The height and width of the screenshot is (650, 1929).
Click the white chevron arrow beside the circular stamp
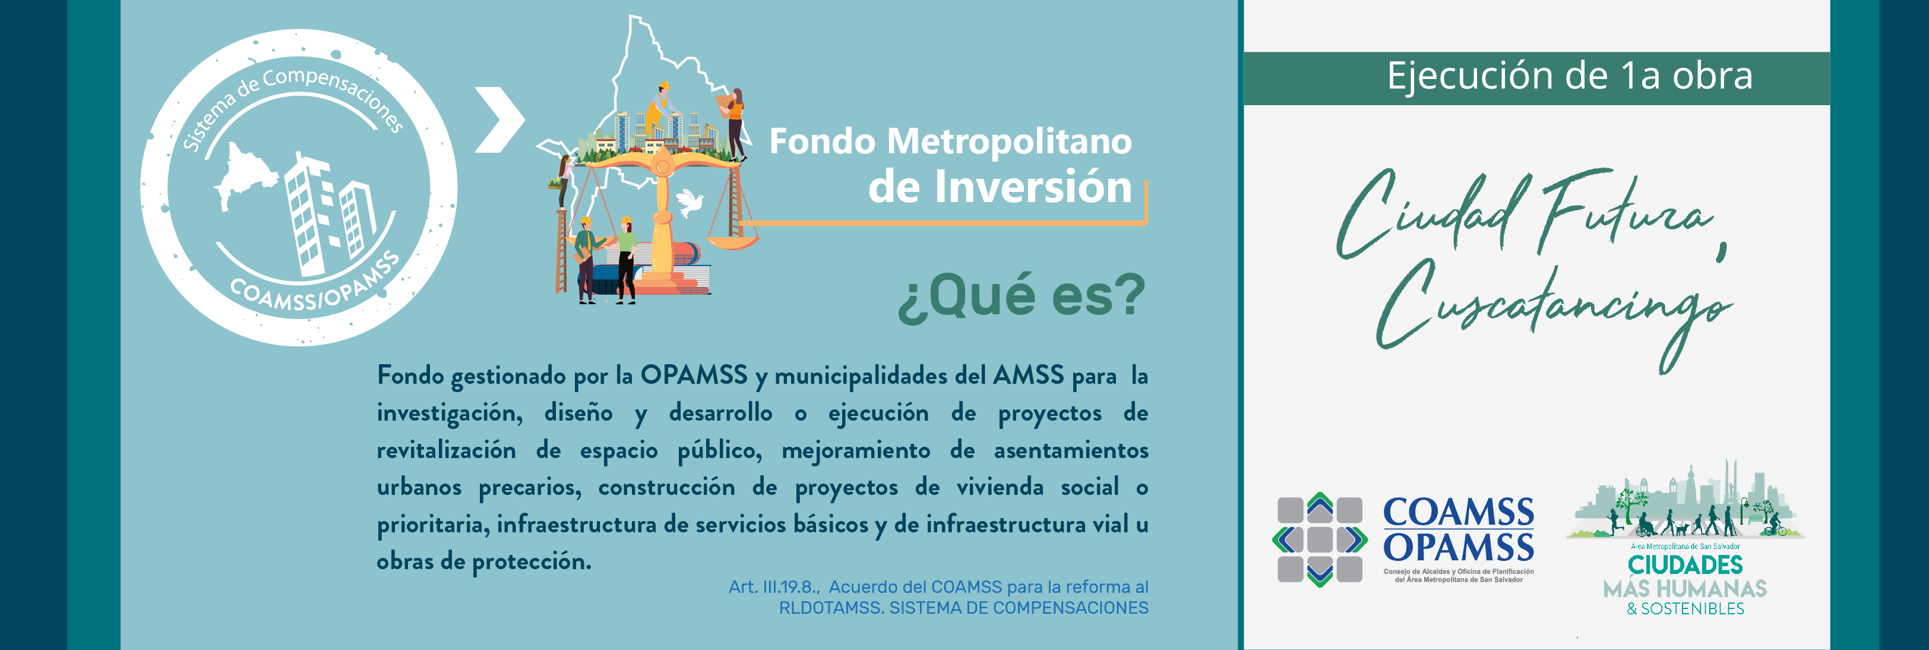(x=500, y=120)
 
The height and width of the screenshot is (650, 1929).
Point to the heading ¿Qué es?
(x=1022, y=296)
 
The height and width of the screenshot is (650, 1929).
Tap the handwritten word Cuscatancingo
(x=1554, y=314)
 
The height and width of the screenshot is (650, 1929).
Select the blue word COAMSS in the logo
(x=1458, y=513)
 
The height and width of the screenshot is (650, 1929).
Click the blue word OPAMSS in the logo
(x=1458, y=547)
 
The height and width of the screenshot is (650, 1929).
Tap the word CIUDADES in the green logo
(x=1685, y=564)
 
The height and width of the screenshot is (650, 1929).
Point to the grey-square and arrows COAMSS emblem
(x=1320, y=539)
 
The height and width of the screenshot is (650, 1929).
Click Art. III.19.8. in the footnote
(x=774, y=587)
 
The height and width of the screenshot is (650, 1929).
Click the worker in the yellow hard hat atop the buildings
(x=659, y=109)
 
